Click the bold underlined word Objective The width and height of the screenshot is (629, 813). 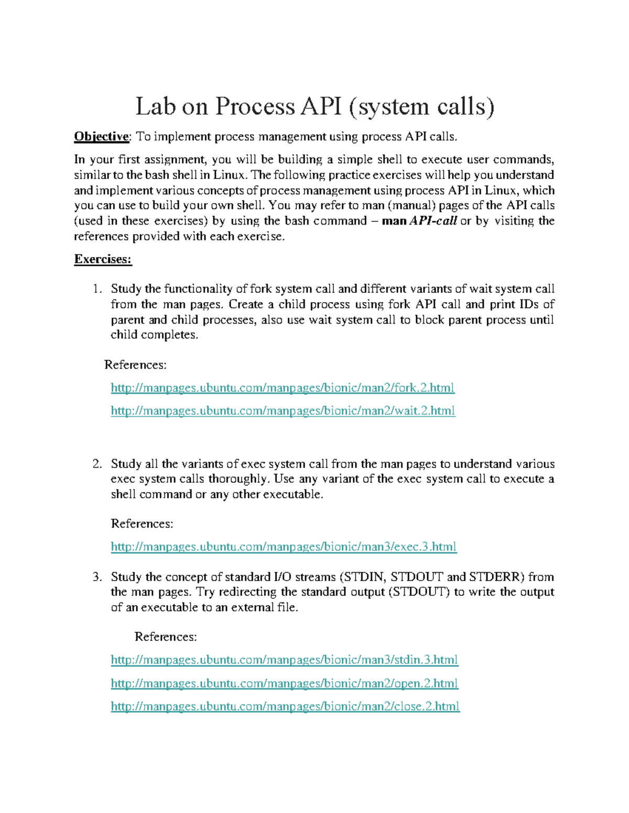[101, 137]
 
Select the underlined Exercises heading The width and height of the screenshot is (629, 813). [103, 259]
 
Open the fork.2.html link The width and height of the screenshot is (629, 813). [283, 388]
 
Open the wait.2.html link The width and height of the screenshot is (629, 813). [283, 411]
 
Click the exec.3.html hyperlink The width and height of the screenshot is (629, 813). [284, 547]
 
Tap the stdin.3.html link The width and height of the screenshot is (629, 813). [284, 660]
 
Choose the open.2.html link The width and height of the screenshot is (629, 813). [284, 683]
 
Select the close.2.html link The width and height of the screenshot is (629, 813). [285, 706]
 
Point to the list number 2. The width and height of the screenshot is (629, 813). [96, 464]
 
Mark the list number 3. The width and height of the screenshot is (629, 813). [96, 577]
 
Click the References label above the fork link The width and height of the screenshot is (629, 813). [135, 365]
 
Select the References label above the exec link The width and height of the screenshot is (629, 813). [142, 524]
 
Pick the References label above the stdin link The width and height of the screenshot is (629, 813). [166, 637]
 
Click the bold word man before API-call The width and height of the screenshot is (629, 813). [394, 221]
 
